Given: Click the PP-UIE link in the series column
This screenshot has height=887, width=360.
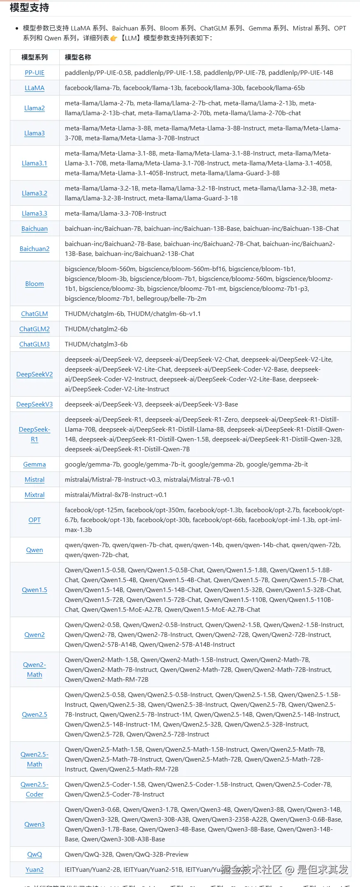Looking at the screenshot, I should [35, 73].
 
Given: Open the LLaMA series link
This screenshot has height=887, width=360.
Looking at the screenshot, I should [35, 88].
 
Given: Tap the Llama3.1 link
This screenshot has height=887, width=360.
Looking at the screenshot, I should [35, 163].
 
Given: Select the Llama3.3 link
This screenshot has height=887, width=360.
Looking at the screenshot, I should [35, 214].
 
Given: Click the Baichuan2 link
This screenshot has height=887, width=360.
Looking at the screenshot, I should [35, 249].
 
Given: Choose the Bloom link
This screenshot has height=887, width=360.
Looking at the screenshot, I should [35, 284].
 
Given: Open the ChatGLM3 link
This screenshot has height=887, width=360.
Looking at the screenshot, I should [35, 344].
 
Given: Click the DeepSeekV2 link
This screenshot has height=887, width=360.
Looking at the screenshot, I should [35, 374].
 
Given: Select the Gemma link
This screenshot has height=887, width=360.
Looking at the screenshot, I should [35, 464].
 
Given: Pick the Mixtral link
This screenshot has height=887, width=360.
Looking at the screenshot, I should [35, 495].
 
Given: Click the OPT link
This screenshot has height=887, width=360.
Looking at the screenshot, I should [35, 520].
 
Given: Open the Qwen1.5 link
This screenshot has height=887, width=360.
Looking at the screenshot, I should [35, 590].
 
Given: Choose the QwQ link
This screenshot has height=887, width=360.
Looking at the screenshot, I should [35, 854].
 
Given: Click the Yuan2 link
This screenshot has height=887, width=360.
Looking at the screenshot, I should [35, 870].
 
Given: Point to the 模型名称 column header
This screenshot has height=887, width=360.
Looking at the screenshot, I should [78, 57].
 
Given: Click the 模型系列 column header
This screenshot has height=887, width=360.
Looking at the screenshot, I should [35, 57].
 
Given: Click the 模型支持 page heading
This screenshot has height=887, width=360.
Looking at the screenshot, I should [29, 8].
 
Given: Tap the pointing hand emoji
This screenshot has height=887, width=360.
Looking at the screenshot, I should [114, 38].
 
